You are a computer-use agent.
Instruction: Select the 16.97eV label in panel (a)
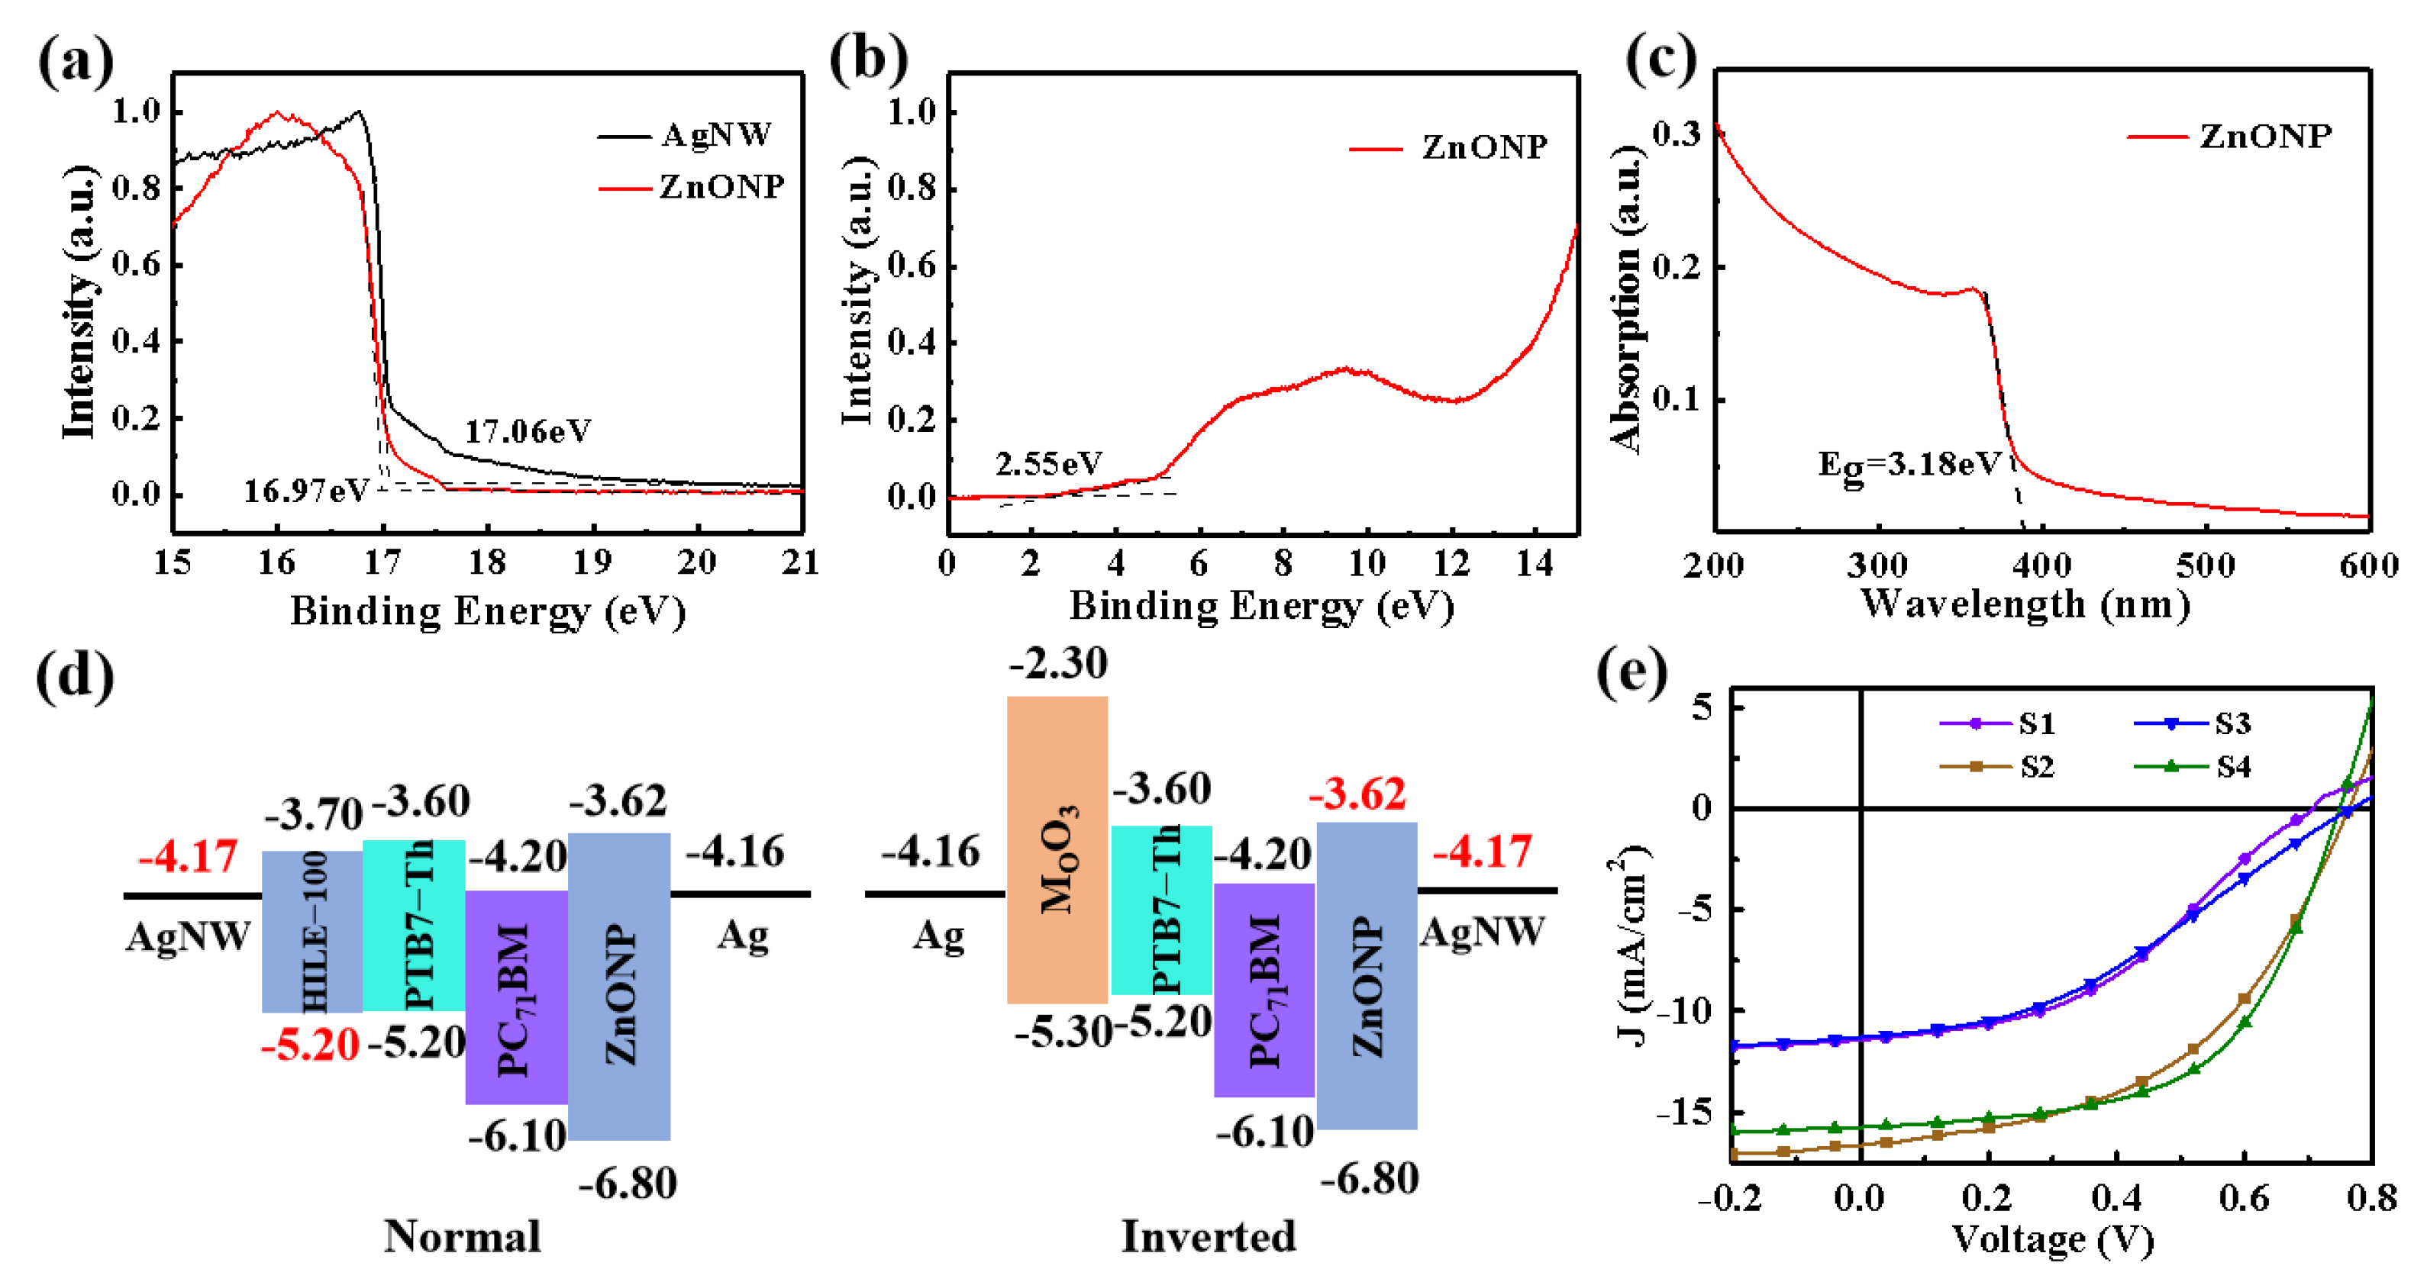(306, 491)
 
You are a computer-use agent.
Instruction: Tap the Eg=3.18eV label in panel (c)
(1909, 465)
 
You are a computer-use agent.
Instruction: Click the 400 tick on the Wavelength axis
(2041, 566)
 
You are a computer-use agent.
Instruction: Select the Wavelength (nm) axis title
(2025, 604)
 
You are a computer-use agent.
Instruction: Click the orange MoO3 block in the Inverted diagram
(1057, 849)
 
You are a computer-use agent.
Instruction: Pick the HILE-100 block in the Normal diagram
(311, 931)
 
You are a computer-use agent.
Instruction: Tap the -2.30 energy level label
(1058, 664)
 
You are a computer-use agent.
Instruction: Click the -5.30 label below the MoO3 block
(1063, 1033)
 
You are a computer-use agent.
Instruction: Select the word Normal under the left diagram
(462, 1237)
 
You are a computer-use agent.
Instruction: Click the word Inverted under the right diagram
(1208, 1237)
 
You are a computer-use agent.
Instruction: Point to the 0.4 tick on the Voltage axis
(2116, 1198)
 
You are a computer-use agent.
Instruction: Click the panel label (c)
(1660, 59)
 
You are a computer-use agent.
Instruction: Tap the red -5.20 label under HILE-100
(310, 1045)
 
